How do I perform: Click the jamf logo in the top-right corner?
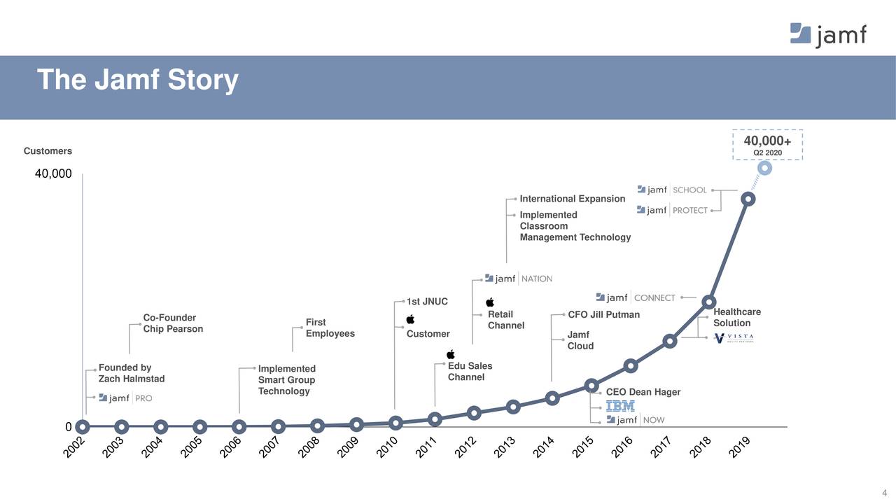point(828,34)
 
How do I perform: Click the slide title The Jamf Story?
point(137,80)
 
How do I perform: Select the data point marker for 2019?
point(748,199)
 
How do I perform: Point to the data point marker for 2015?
point(591,386)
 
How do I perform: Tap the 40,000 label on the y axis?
point(53,174)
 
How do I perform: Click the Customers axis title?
point(48,151)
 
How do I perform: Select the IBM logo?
point(620,406)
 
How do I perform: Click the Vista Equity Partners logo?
point(734,338)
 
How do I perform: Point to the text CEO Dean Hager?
point(643,392)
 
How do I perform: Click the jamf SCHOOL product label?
point(672,190)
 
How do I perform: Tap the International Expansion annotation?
point(572,199)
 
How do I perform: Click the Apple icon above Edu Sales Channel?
point(451,354)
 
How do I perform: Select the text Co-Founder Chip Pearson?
point(173,323)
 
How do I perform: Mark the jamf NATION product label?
point(518,279)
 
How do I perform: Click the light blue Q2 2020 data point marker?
point(764,169)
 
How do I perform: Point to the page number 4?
point(884,492)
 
